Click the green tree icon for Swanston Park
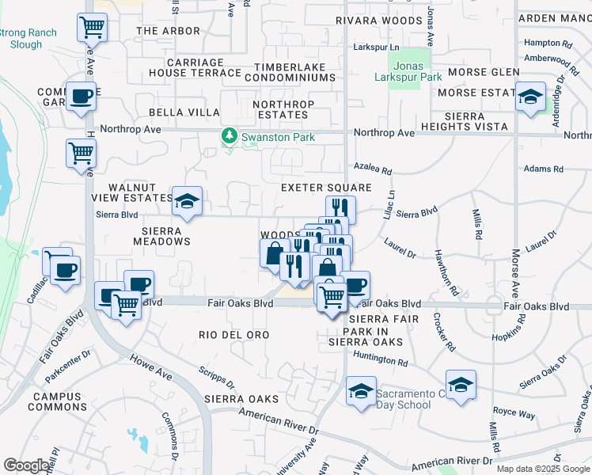[230, 137]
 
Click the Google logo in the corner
[26, 465]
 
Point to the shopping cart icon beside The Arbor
[92, 28]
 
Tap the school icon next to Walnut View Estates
[187, 203]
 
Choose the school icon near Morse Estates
[529, 97]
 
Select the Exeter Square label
[326, 188]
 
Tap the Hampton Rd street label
[548, 43]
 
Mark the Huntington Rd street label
[380, 359]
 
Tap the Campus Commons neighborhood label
[57, 401]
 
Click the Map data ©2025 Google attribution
[541, 469]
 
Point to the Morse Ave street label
[515, 269]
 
